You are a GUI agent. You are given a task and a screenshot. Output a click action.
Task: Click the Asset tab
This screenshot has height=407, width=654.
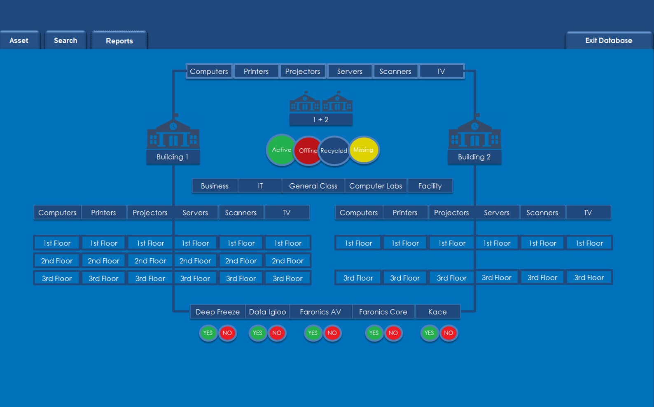(x=19, y=40)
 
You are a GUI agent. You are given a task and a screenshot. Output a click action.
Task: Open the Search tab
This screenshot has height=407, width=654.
(x=65, y=40)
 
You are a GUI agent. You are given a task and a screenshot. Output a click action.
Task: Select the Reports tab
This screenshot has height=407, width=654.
(x=119, y=41)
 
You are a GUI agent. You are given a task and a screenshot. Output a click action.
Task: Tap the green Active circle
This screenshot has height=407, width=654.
(x=281, y=150)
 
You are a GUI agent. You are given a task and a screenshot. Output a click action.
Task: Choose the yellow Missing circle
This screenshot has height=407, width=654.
(x=364, y=150)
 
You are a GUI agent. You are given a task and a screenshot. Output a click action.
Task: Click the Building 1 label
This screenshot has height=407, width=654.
(x=173, y=157)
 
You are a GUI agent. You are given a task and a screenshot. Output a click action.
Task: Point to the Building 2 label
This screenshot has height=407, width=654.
(x=474, y=157)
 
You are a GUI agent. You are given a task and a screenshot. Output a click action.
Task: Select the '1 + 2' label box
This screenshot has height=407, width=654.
(x=320, y=119)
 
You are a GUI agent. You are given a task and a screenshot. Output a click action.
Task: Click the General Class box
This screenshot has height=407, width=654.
(x=313, y=186)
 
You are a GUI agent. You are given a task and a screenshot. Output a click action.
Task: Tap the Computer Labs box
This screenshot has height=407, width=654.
(x=376, y=186)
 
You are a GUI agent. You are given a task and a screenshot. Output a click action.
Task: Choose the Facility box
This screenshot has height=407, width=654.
(x=430, y=186)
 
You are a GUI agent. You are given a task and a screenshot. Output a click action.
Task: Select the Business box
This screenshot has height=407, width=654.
(x=215, y=186)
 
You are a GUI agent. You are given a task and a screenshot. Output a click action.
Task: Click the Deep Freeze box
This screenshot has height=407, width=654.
(x=217, y=312)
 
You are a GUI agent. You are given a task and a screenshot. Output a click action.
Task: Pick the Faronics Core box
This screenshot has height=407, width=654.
(x=383, y=312)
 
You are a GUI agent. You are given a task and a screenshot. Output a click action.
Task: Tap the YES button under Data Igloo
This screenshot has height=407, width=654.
(x=257, y=333)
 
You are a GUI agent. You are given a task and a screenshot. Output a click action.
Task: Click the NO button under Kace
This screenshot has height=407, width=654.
(x=448, y=333)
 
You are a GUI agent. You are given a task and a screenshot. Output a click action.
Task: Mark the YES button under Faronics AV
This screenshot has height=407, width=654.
(x=313, y=333)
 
